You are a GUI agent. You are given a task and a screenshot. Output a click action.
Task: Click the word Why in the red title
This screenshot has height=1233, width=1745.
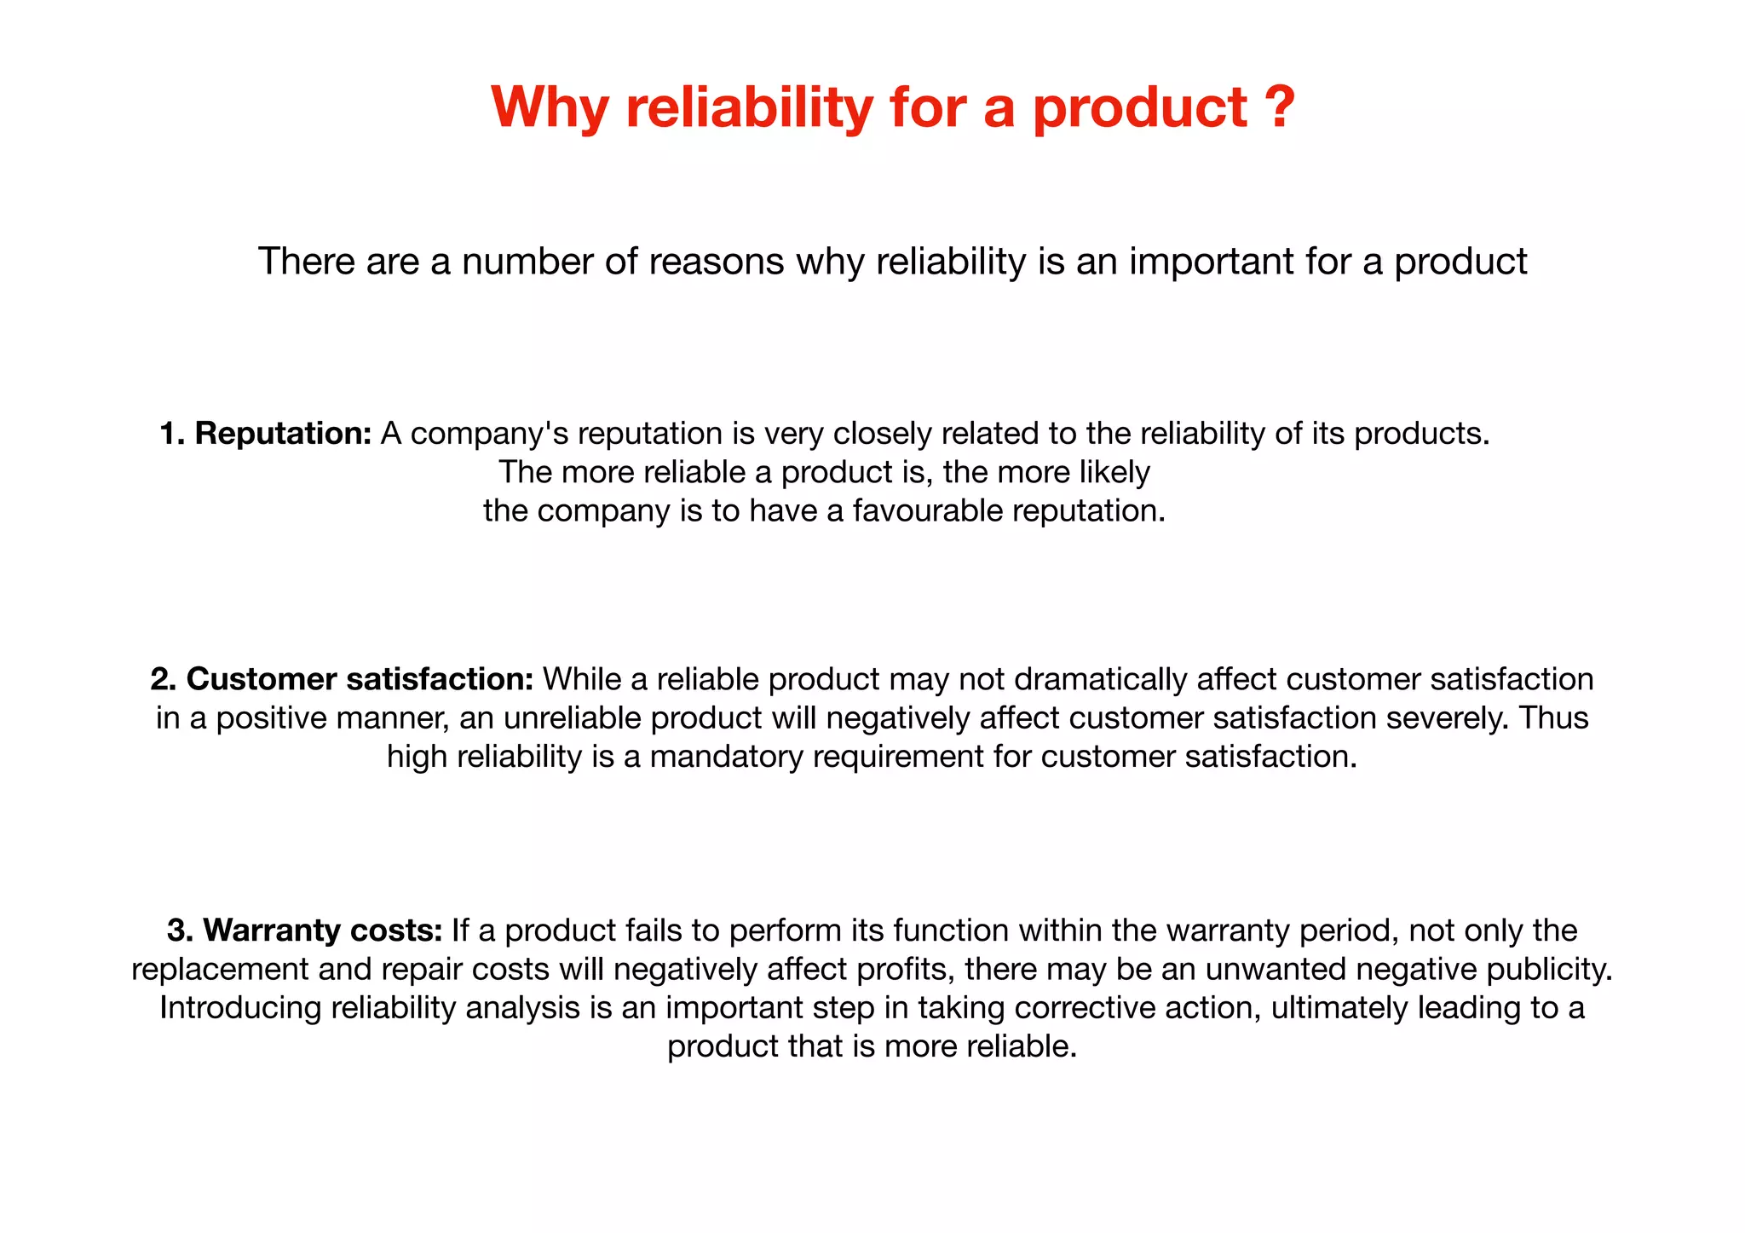[549, 108]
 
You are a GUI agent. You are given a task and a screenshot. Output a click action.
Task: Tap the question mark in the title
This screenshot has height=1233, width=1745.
[1278, 107]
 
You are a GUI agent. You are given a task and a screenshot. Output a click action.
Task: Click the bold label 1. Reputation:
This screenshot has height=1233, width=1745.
[266, 434]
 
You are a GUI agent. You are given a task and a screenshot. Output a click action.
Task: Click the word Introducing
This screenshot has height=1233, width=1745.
[239, 1008]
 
